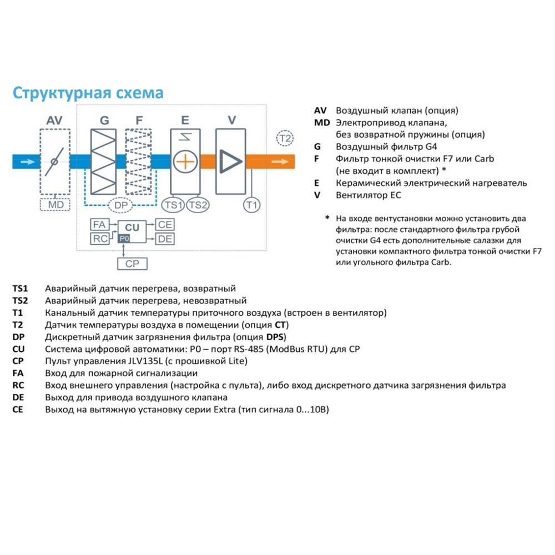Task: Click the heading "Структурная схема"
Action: coord(88,93)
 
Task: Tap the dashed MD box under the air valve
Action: coord(55,205)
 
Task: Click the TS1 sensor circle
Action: coord(173,205)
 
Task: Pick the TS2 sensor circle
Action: coord(198,205)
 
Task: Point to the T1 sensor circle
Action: coord(251,205)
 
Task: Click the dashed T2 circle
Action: coord(285,138)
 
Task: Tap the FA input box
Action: coord(99,225)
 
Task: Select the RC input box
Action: coord(99,239)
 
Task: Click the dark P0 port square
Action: coord(124,239)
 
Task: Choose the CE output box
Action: coord(165,225)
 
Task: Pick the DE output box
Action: coord(165,239)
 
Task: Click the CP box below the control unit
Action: coord(133,264)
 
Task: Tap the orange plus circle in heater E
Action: coord(185,162)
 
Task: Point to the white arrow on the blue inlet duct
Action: coord(28,162)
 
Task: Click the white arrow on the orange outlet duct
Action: coord(280,162)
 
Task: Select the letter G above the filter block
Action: coord(104,120)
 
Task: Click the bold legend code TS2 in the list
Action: coord(20,300)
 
